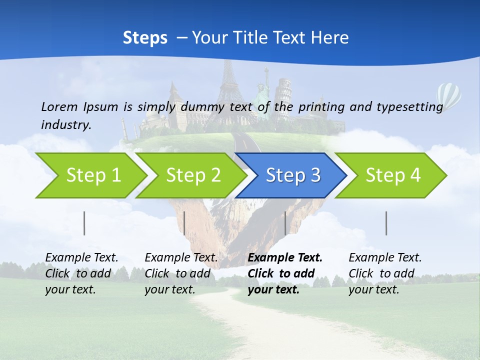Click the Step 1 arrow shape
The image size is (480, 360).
[92, 175]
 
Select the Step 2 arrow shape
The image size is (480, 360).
[192, 175]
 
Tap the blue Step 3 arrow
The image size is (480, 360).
[292, 175]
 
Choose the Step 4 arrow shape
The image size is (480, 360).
[392, 175]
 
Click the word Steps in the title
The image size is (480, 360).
[145, 37]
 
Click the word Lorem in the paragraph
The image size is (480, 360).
[59, 106]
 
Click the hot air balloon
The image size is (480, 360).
[448, 95]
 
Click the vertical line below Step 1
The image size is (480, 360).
[84, 223]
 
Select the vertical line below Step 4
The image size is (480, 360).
[386, 223]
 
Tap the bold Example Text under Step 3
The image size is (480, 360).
[285, 258]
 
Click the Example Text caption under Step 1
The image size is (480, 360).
[81, 258]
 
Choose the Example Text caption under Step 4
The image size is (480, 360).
[385, 258]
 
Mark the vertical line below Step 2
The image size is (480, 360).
[184, 223]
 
